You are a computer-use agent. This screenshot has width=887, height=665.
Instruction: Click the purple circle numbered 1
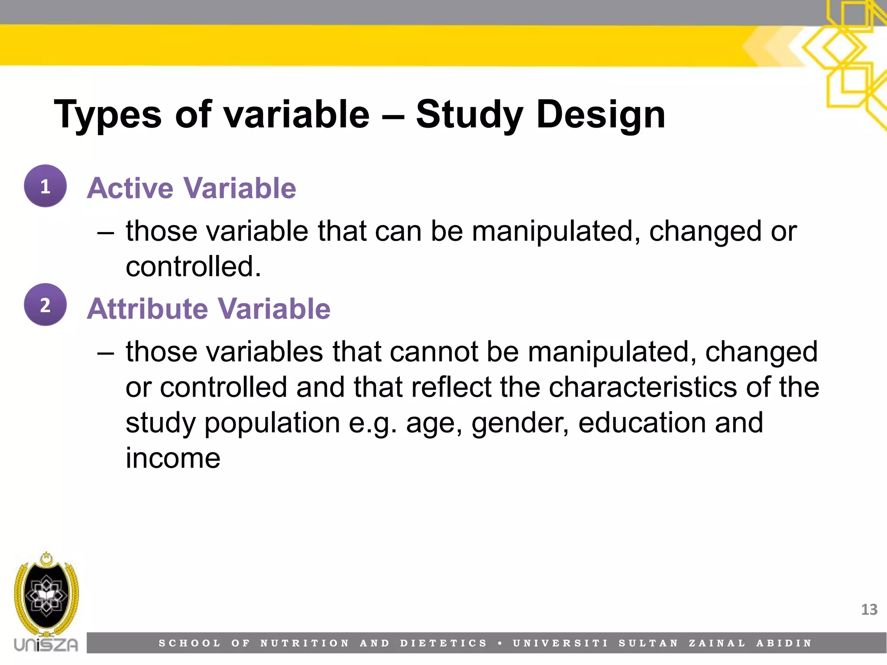[x=45, y=186]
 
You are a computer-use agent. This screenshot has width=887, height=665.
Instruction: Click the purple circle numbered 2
[x=45, y=304]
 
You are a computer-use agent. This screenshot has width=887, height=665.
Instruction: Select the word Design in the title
[x=600, y=115]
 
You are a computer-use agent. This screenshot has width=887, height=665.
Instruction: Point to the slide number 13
[x=869, y=610]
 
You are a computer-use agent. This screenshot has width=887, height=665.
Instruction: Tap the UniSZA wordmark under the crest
[x=46, y=645]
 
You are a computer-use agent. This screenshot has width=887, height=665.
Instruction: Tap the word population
[x=272, y=423]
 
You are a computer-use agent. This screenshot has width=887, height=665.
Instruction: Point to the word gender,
[x=520, y=423]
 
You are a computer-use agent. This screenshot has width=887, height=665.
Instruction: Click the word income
[x=173, y=458]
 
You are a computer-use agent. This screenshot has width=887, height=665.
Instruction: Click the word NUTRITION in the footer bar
[x=304, y=643]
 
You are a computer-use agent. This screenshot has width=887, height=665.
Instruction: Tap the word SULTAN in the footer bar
[x=648, y=643]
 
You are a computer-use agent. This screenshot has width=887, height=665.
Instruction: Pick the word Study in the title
[x=469, y=115]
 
